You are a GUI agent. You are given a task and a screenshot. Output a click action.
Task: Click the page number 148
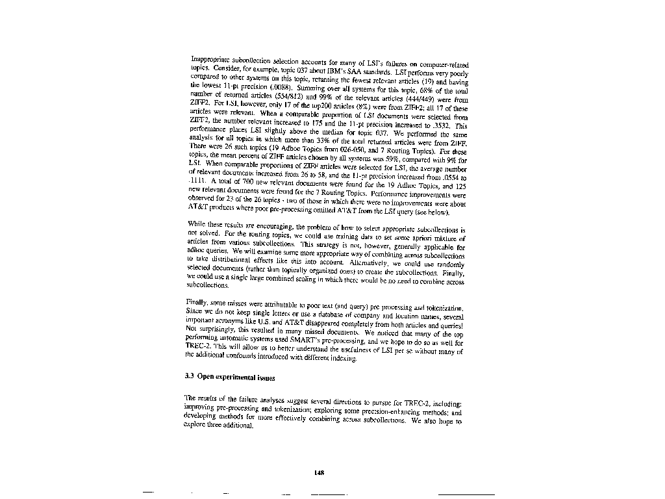pyautogui.click(x=319, y=472)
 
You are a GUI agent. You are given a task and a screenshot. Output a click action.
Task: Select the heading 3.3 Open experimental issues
pyautogui.click(x=231, y=377)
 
